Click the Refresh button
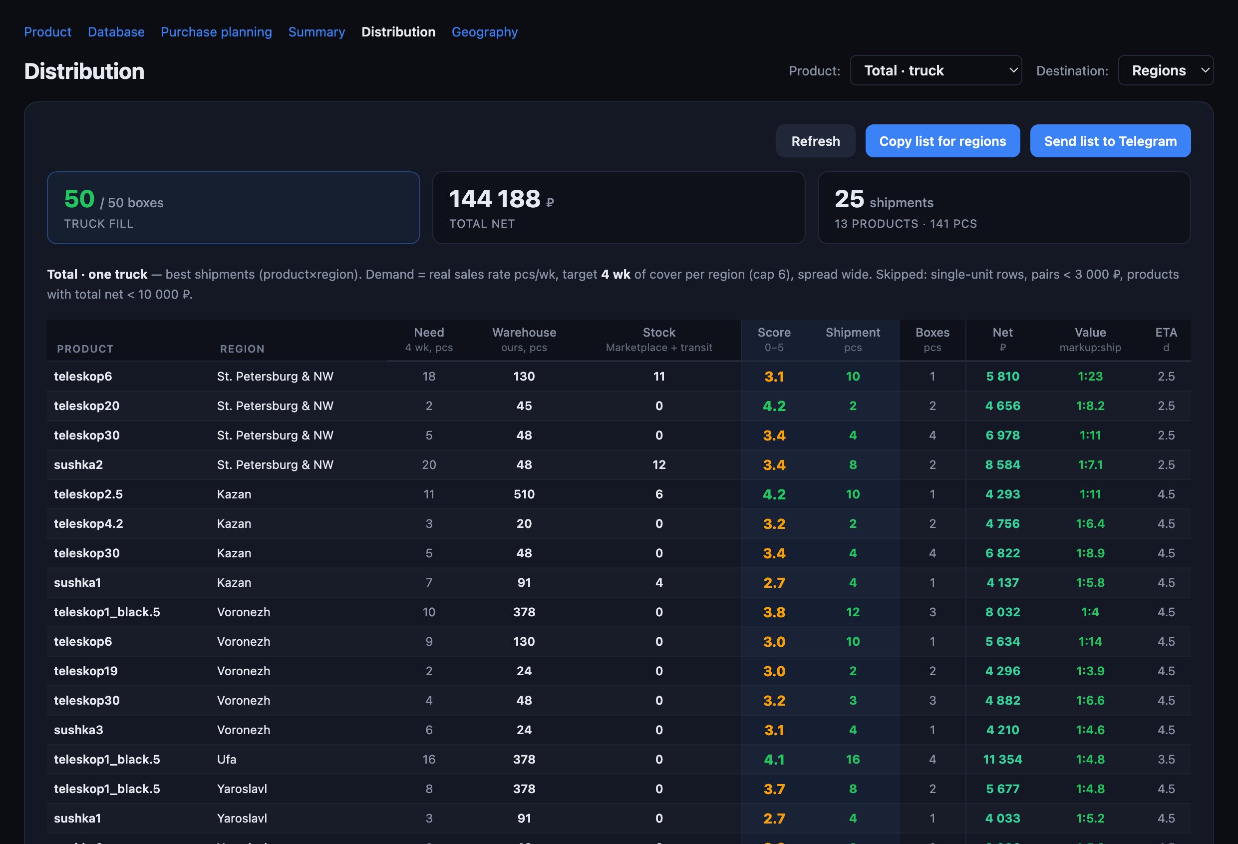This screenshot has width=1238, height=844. [x=815, y=141]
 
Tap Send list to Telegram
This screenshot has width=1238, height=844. [x=1110, y=141]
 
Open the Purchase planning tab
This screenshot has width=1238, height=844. [x=216, y=32]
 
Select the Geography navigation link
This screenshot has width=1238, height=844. [x=484, y=32]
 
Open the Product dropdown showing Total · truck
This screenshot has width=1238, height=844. [x=935, y=70]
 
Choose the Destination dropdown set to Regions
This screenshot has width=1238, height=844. [x=1166, y=70]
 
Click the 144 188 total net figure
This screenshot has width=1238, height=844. [x=495, y=199]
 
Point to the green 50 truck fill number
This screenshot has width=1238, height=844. [x=79, y=199]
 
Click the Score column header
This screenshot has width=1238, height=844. [x=774, y=333]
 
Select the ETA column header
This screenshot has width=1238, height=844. [x=1166, y=333]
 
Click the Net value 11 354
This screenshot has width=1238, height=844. [x=1002, y=759]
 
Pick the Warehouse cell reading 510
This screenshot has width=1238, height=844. [x=524, y=494]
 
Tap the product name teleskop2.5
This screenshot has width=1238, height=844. [x=88, y=494]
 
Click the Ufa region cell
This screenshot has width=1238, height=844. [x=227, y=759]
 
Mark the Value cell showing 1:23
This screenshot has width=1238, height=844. [x=1090, y=376]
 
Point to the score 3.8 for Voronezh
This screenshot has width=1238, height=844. [x=774, y=612]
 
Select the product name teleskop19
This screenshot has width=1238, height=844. [x=86, y=671]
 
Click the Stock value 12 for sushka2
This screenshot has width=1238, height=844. [x=659, y=464]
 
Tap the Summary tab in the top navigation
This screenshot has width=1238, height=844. [x=316, y=32]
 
